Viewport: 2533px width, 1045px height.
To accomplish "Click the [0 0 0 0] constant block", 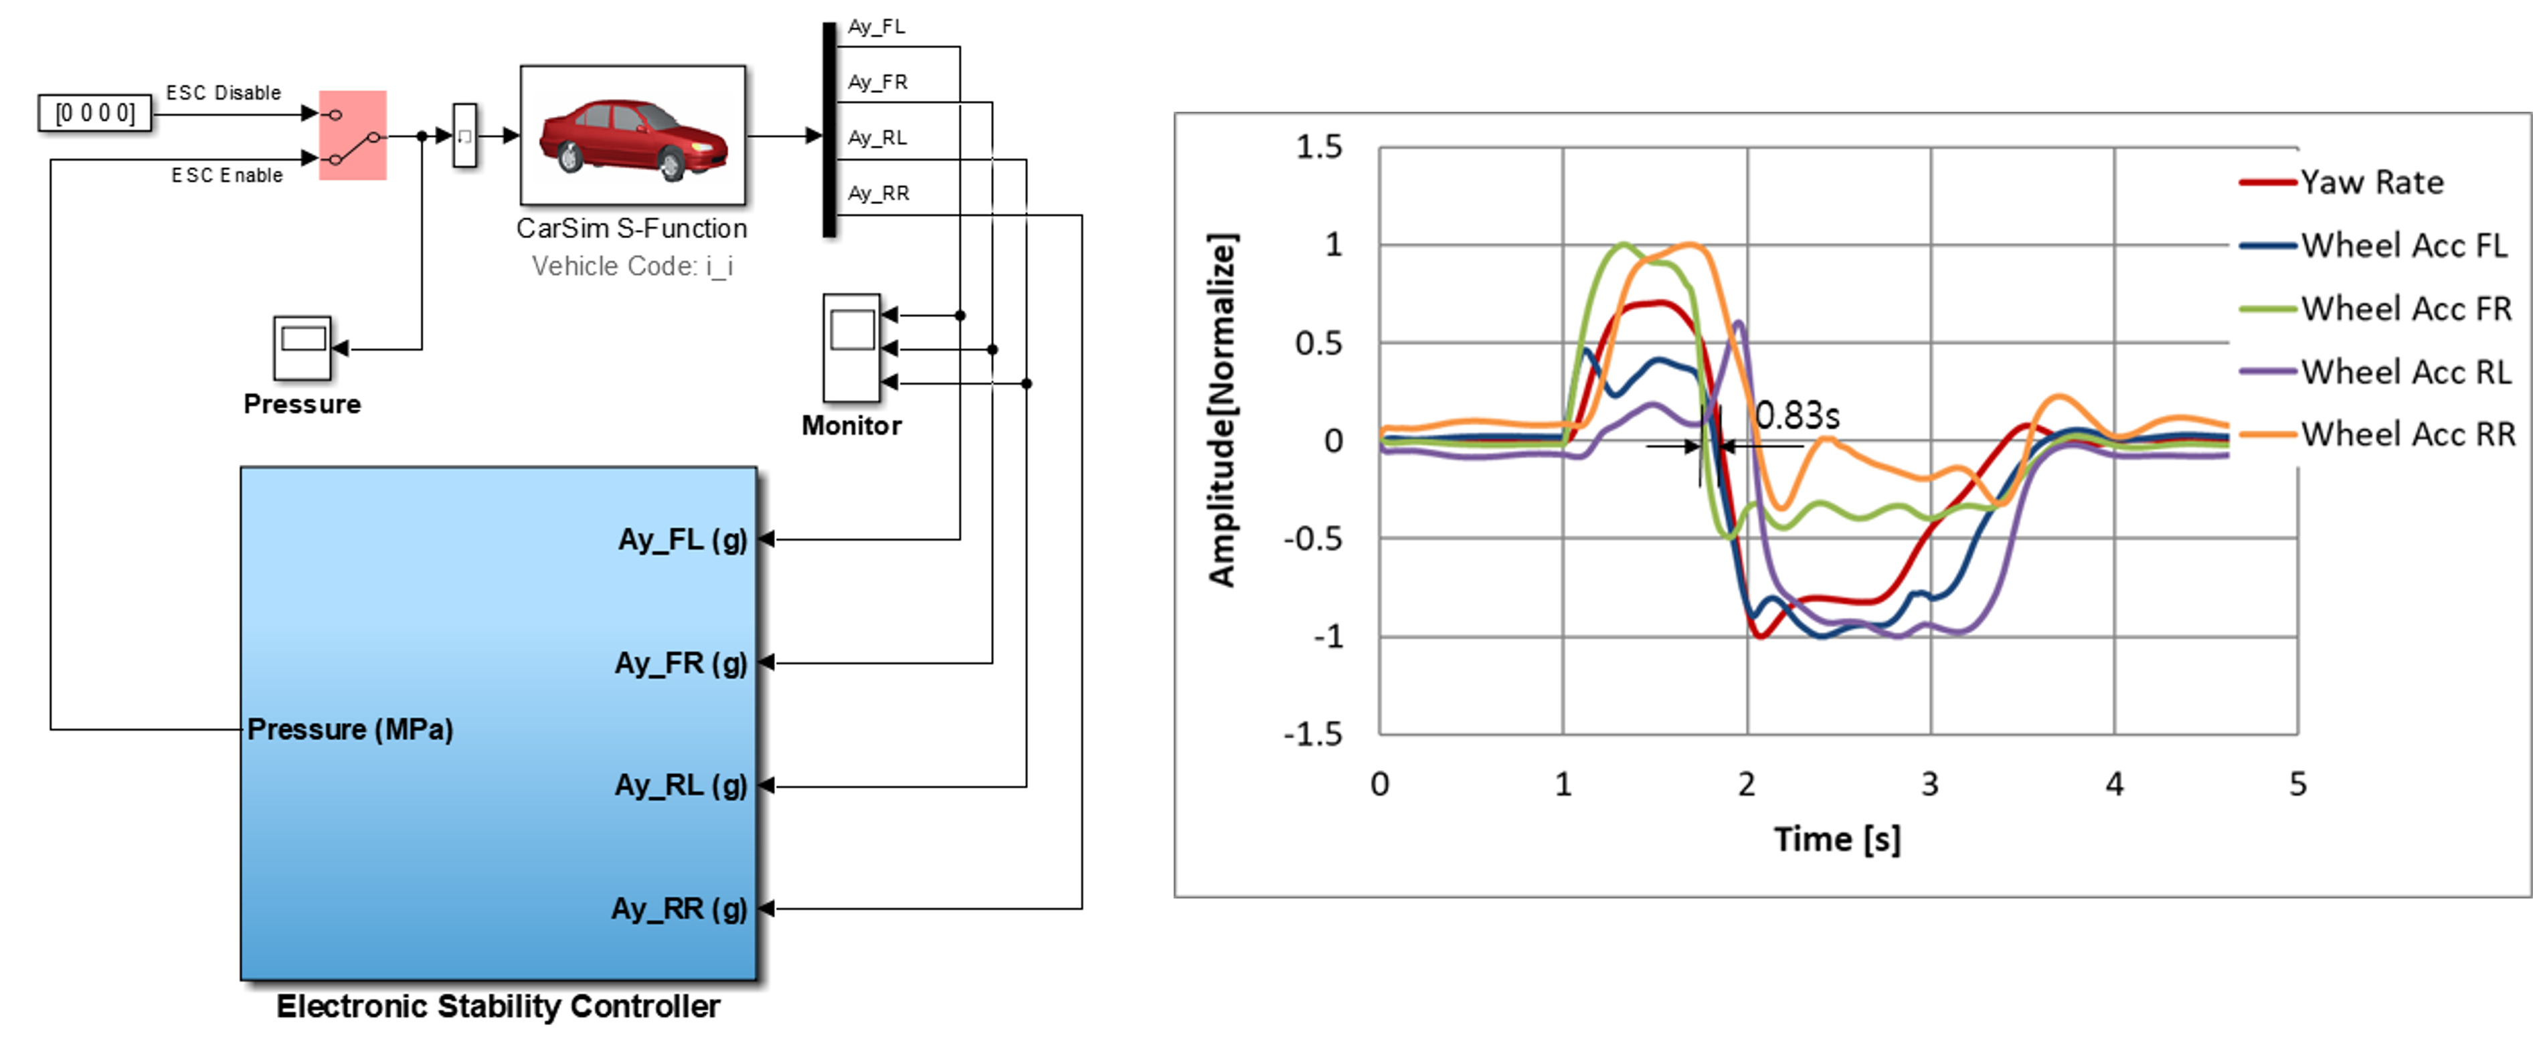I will (94, 114).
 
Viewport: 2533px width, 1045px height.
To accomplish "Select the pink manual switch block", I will (352, 136).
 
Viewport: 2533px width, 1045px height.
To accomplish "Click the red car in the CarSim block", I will (632, 138).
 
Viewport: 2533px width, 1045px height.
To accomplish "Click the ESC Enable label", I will (227, 176).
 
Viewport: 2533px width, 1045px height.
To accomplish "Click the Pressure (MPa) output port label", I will (350, 729).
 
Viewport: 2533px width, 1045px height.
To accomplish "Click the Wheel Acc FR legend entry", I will (2406, 308).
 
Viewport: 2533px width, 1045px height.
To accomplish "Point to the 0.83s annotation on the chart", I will (1796, 416).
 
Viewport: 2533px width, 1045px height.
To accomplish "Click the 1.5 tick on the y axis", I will (1318, 147).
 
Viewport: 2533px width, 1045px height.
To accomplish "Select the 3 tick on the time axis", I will (1930, 785).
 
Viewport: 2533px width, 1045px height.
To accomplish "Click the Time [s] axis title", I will (1837, 840).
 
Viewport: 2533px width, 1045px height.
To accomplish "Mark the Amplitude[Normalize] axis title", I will (1222, 410).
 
